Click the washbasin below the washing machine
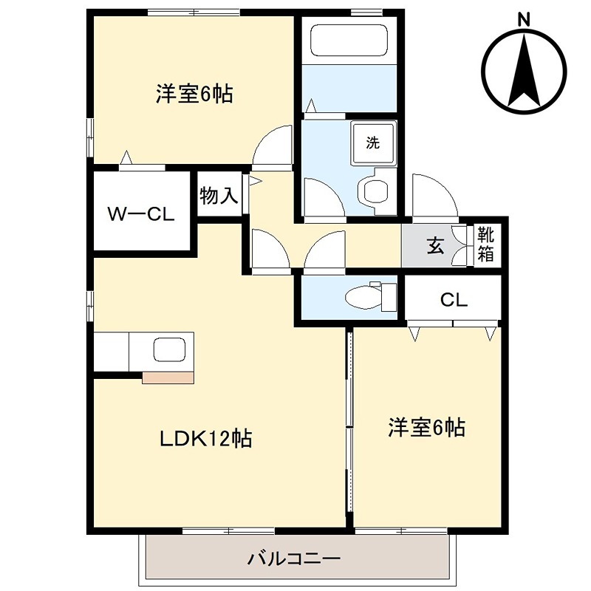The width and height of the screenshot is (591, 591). pyautogui.click(x=377, y=190)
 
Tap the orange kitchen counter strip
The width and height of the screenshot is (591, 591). pyautogui.click(x=168, y=377)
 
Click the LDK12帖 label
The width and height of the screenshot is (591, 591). pyautogui.click(x=206, y=439)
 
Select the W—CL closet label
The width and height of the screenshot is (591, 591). pyautogui.click(x=140, y=215)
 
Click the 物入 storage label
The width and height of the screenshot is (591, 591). pyautogui.click(x=219, y=196)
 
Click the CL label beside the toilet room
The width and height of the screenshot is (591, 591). pyautogui.click(x=454, y=300)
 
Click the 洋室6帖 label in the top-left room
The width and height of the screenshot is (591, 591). pyautogui.click(x=194, y=95)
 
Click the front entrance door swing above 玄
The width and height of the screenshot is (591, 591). pyautogui.click(x=434, y=198)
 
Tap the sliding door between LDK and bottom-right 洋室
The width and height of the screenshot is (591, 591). pyautogui.click(x=349, y=428)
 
